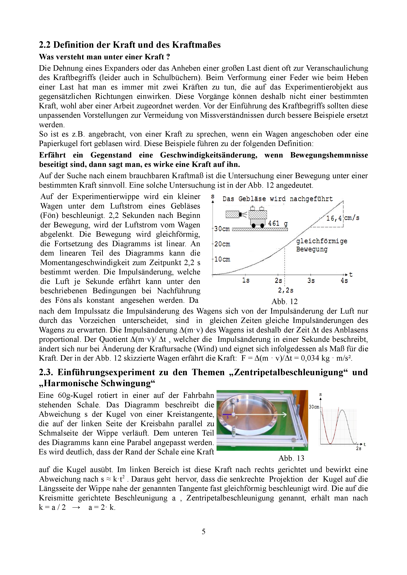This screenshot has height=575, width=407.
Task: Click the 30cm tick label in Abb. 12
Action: coord(222,229)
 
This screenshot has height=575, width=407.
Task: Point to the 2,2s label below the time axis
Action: coord(286,290)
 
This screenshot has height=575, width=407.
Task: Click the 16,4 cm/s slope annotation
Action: coord(342,218)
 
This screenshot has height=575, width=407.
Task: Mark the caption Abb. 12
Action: coord(284,302)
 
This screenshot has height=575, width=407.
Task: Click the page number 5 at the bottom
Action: coord(204,531)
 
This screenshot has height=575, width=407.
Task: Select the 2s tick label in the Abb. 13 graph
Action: coord(359,448)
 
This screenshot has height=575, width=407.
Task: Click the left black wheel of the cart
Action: coord(254,226)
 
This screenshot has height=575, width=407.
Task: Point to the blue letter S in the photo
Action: coord(227,417)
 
